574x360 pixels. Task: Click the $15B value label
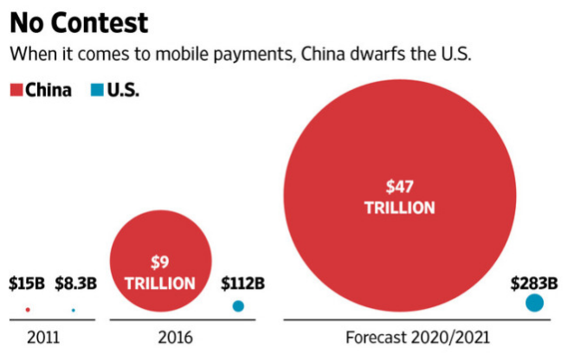tap(27, 283)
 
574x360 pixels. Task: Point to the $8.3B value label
tap(75, 283)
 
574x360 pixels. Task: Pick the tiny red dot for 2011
tap(28, 309)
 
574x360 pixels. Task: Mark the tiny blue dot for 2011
tap(73, 309)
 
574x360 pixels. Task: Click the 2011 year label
tap(43, 337)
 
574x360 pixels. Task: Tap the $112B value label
tap(242, 283)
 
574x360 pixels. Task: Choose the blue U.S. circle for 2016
tap(238, 305)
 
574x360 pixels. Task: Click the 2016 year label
tap(176, 337)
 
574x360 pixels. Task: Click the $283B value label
tap(534, 283)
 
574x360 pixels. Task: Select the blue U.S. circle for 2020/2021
tap(534, 303)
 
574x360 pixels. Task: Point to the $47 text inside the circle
tap(399, 186)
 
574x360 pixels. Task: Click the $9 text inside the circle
tap(160, 261)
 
